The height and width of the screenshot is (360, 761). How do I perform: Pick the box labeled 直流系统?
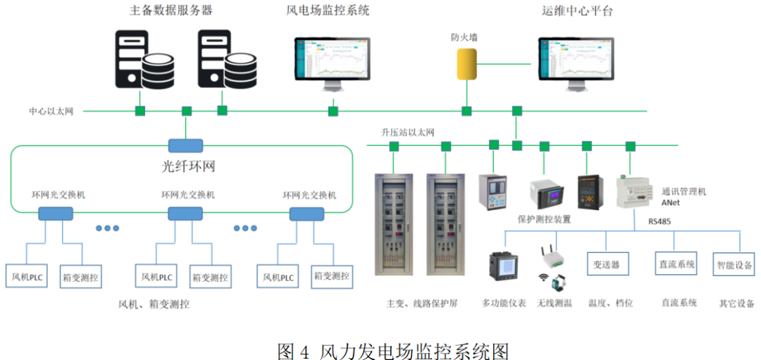coord(675,264)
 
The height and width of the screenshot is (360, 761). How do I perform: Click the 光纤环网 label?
coord(184,167)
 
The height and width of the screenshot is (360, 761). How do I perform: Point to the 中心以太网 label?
coord(51,111)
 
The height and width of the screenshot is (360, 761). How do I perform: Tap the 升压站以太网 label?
coord(408,132)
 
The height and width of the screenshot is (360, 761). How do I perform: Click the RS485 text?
coord(662,221)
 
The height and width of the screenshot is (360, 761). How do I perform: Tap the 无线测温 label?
coord(554,303)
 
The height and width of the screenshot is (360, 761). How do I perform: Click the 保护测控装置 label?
coord(544,219)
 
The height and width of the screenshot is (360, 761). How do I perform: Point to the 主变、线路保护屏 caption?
coord(422,303)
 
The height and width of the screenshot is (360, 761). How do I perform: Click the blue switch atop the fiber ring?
coord(185,146)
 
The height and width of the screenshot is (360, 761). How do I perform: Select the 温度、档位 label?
coord(610,303)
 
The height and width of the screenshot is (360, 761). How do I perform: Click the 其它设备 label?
coord(736,304)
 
